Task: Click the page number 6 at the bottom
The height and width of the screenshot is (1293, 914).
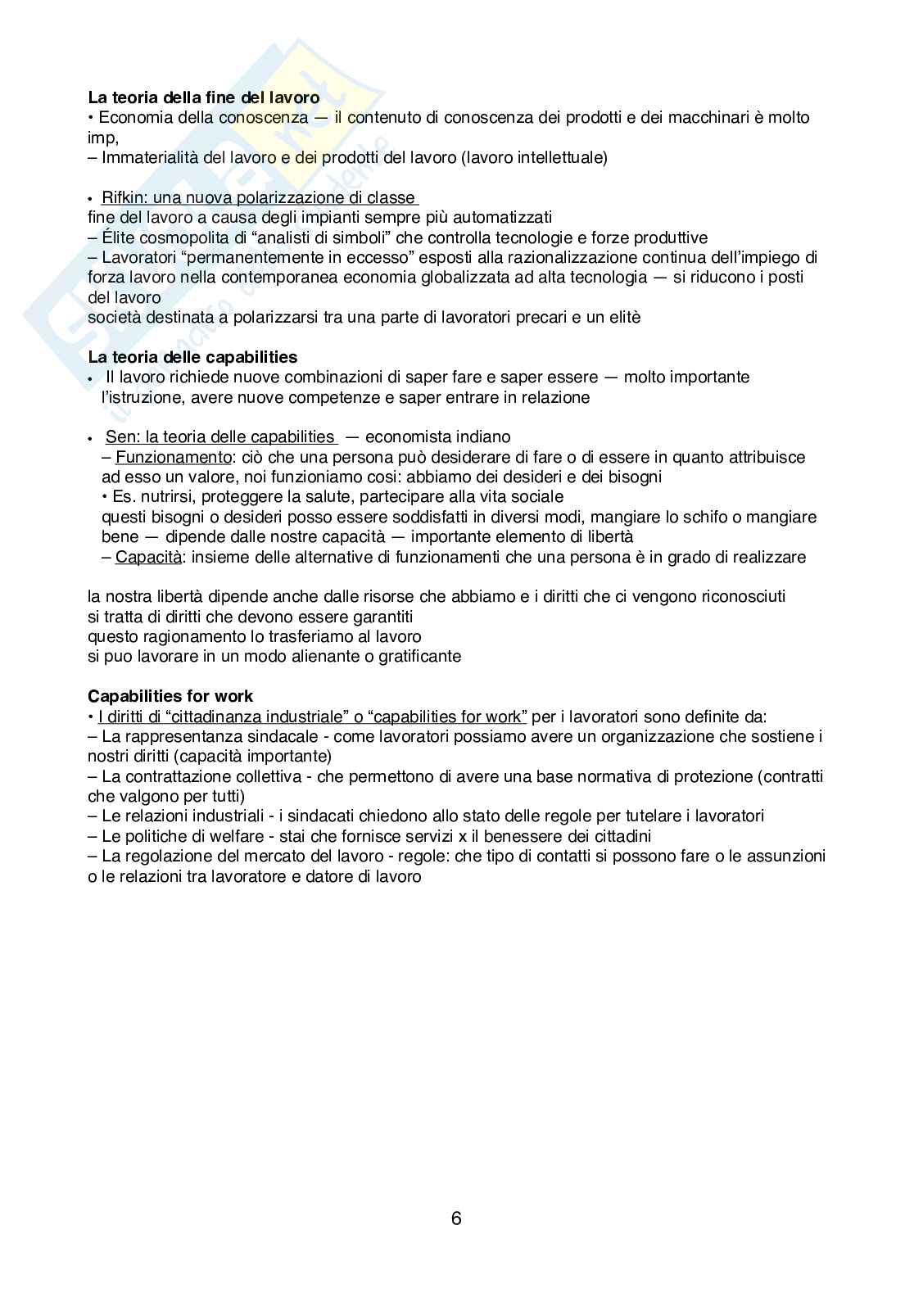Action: coord(456,1218)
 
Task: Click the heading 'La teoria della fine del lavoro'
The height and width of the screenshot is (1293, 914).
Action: coord(204,97)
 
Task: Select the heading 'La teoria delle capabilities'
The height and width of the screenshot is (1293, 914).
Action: coord(192,357)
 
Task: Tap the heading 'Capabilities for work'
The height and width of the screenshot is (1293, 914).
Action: coord(170,696)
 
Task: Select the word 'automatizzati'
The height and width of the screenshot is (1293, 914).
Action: coord(505,217)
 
